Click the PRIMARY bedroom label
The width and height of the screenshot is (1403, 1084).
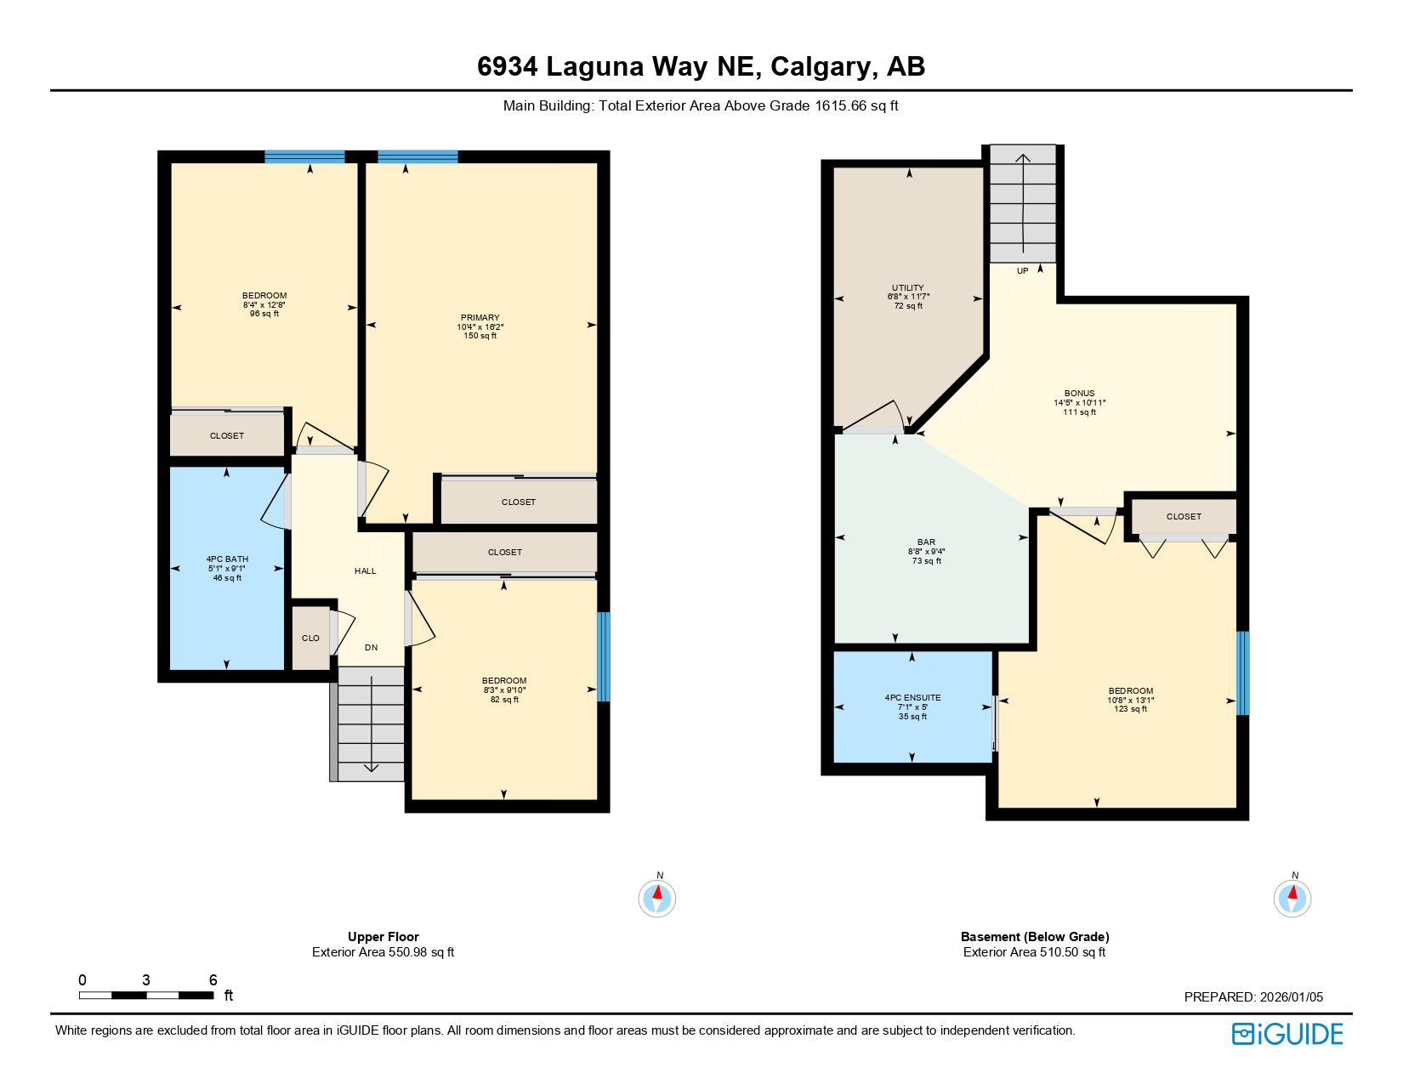tap(480, 318)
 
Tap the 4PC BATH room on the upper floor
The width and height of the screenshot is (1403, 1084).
tap(227, 568)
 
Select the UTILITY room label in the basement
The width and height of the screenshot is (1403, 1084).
tap(908, 288)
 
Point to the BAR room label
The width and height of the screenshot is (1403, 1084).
tap(926, 542)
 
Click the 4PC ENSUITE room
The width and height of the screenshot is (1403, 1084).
tap(912, 706)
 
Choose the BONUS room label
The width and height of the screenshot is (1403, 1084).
tap(1079, 394)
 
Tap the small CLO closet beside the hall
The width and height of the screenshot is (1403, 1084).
tap(310, 638)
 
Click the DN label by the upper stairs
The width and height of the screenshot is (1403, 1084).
tap(371, 648)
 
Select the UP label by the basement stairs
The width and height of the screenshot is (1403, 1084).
tap(1022, 271)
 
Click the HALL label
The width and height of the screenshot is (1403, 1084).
tap(365, 571)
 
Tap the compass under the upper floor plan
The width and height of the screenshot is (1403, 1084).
tap(656, 898)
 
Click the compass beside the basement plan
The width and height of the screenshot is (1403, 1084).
tap(1292, 898)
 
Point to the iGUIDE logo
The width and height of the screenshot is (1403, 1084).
tap(1287, 1034)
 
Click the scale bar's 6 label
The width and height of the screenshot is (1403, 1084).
tap(213, 980)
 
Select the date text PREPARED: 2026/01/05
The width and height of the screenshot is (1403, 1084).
tap(1253, 997)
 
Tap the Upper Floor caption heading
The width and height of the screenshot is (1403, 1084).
tap(383, 937)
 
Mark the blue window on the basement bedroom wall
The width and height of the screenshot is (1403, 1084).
tap(1242, 673)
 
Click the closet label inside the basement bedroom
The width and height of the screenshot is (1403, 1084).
tap(1184, 516)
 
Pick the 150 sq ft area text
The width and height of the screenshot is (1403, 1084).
tap(480, 336)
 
